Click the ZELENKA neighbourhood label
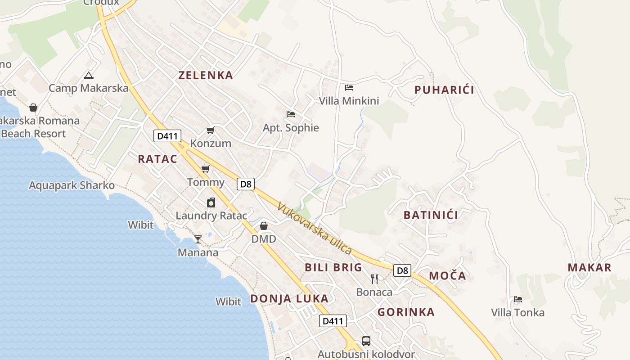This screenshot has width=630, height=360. coord(206,75)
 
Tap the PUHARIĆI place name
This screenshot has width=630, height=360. coord(444,90)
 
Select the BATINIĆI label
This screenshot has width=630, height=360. coord(431,215)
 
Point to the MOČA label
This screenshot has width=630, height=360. coord(447,276)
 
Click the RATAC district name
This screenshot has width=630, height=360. coord(157,159)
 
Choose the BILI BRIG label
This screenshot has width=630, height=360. coord(333,267)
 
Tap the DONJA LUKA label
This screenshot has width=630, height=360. coord(289,299)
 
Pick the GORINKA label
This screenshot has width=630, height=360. coord(406,312)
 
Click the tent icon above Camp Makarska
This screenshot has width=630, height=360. coord(89,75)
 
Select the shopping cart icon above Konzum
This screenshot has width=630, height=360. coord(210,130)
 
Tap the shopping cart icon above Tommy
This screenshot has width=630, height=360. coord(206,169)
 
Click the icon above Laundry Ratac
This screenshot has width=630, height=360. coord(211,202)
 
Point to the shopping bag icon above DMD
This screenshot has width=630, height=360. coord(264,226)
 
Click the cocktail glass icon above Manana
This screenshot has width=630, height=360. coord(198,239)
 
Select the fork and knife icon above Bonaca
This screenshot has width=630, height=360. coord(374,279)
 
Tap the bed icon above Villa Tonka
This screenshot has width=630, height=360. coord(517,300)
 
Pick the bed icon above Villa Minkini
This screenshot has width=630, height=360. coord(349,88)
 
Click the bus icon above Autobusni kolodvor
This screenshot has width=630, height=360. coord(366,341)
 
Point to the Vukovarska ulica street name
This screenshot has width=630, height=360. coord(314,229)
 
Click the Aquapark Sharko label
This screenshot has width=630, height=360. coord(72,185)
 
